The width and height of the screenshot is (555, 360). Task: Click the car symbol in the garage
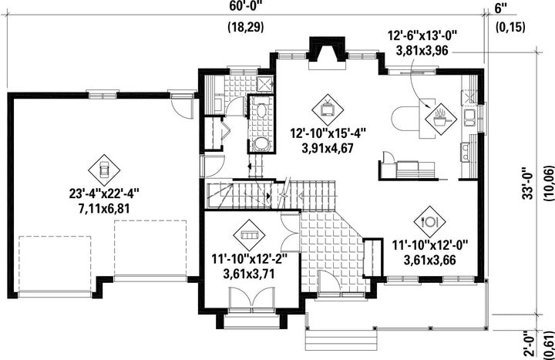[x=104, y=170]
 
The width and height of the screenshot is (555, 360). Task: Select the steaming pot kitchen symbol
[x=441, y=119]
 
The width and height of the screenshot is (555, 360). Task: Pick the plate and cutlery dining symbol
[x=429, y=222]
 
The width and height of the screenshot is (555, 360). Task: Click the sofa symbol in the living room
[x=249, y=235]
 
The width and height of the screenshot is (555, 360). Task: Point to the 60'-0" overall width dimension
[x=246, y=5]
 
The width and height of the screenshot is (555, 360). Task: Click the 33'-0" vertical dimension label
[x=528, y=183]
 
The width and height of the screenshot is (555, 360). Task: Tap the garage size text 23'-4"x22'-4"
[x=104, y=194]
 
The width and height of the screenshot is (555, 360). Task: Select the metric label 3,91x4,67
[x=328, y=148]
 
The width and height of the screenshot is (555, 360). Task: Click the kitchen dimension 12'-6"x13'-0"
[x=422, y=35]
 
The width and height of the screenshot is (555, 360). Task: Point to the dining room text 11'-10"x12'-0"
[x=429, y=245]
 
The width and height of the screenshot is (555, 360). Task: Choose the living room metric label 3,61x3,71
[x=249, y=274]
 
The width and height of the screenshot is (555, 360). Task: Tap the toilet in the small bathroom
[x=261, y=111]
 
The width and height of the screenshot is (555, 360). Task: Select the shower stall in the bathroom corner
[x=264, y=83]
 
